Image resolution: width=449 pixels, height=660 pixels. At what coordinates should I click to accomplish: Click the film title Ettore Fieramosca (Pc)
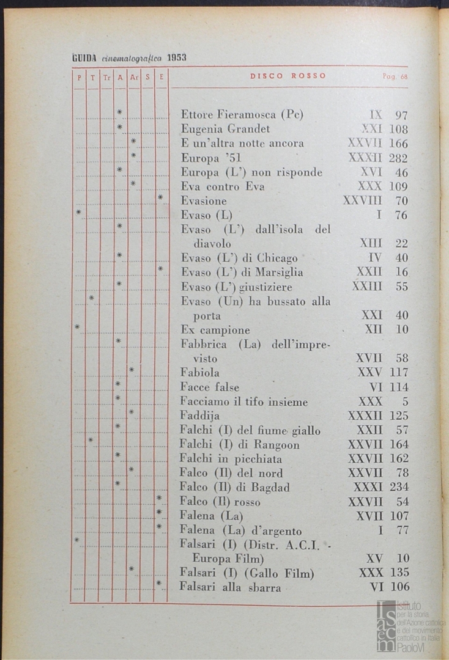(x=242, y=115)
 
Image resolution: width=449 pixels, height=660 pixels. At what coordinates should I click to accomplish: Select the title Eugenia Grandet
(x=225, y=130)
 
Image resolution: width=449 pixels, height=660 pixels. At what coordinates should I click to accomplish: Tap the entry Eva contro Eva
(x=223, y=187)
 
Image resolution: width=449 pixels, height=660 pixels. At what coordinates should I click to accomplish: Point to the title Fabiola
(x=200, y=373)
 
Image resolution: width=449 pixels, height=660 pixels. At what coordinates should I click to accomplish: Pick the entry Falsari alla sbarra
(x=231, y=588)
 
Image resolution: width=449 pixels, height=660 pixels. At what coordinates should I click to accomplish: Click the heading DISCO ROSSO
(x=288, y=76)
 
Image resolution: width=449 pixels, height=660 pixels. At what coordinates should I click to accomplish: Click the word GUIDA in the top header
(x=81, y=58)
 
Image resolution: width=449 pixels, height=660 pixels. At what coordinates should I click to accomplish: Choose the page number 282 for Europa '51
(x=398, y=158)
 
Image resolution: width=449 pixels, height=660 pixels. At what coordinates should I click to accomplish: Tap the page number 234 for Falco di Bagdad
(x=398, y=488)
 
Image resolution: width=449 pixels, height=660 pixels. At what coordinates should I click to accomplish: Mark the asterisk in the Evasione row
(x=160, y=197)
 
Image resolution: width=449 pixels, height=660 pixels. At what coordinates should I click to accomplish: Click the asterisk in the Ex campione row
(x=77, y=327)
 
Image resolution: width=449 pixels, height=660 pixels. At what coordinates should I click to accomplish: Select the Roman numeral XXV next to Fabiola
(x=369, y=373)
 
